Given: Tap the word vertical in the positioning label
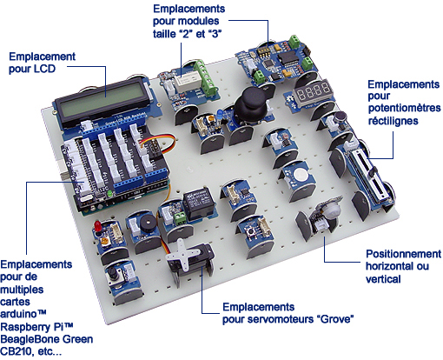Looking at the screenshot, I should [382, 279].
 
